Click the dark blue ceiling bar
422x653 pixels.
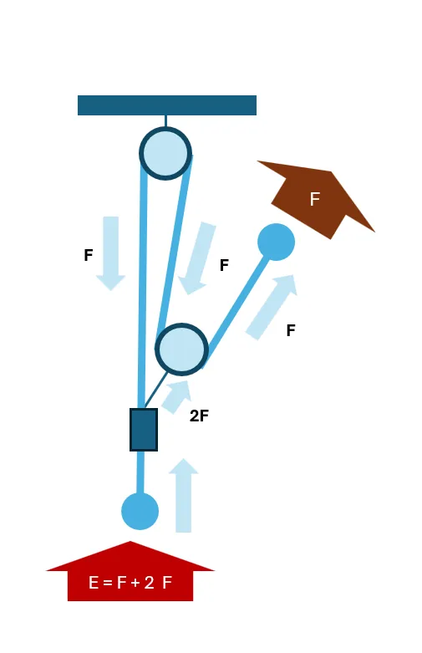click(x=167, y=105)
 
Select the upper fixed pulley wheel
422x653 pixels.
click(x=165, y=153)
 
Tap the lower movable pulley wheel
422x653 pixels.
click(x=182, y=349)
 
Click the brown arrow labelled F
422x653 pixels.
click(x=316, y=199)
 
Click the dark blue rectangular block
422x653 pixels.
click(x=144, y=430)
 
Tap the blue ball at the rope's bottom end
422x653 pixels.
click(x=140, y=511)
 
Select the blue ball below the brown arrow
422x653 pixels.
click(x=277, y=242)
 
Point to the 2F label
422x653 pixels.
click(x=199, y=416)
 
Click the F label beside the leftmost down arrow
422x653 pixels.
click(x=89, y=255)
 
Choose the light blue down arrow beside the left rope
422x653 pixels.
click(x=110, y=253)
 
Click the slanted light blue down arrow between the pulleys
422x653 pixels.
click(x=197, y=258)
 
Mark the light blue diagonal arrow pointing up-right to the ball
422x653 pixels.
click(x=272, y=308)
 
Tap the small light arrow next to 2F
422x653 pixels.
click(x=176, y=396)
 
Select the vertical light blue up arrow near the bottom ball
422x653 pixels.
click(x=184, y=495)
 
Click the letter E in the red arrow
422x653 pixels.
click(x=94, y=582)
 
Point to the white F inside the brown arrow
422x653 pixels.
click(x=315, y=199)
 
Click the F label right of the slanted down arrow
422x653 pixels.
click(x=224, y=265)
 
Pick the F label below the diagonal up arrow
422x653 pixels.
click(x=291, y=330)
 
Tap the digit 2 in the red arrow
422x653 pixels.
click(x=149, y=582)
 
